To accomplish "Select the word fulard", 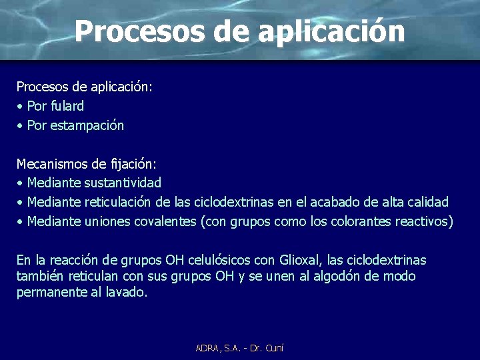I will click(65, 106).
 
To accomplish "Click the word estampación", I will click(90, 125).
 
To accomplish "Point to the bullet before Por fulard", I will click(21, 106).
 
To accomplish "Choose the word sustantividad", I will click(123, 182).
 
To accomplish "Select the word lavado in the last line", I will click(125, 292).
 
